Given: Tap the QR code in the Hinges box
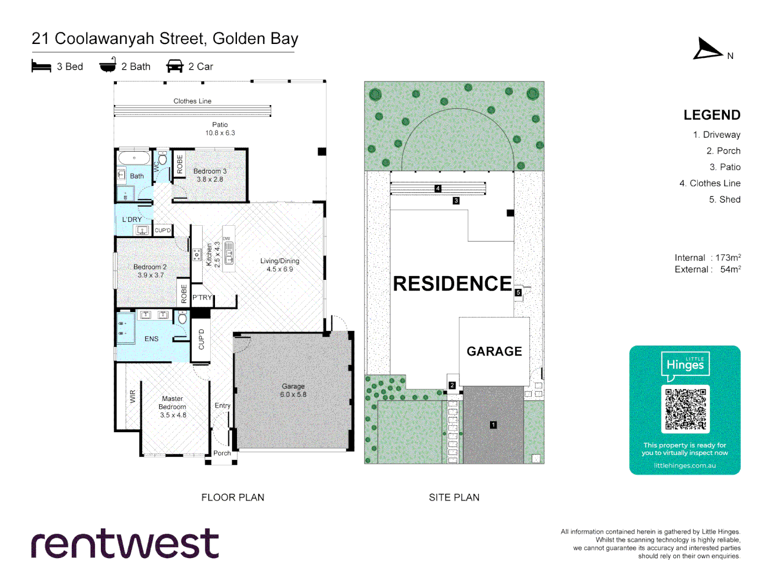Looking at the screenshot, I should (685, 409).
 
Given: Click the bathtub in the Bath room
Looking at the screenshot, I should (134, 158).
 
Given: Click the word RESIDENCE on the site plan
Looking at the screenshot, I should (452, 284).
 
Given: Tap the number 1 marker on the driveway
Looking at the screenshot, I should (493, 425).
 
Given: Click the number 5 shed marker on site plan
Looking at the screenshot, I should (518, 293).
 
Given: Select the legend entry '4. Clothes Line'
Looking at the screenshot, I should (710, 183).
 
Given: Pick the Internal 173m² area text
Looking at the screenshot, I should (708, 258).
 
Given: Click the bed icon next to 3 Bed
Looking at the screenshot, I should (41, 66).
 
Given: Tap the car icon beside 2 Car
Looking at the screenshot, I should (175, 66).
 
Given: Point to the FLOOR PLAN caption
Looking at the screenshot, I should (233, 498).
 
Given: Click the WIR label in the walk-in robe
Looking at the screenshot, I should (133, 396).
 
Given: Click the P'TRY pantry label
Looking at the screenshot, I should (202, 298).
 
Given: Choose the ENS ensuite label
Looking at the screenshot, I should (152, 339).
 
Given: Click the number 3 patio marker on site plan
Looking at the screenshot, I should (456, 201).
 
